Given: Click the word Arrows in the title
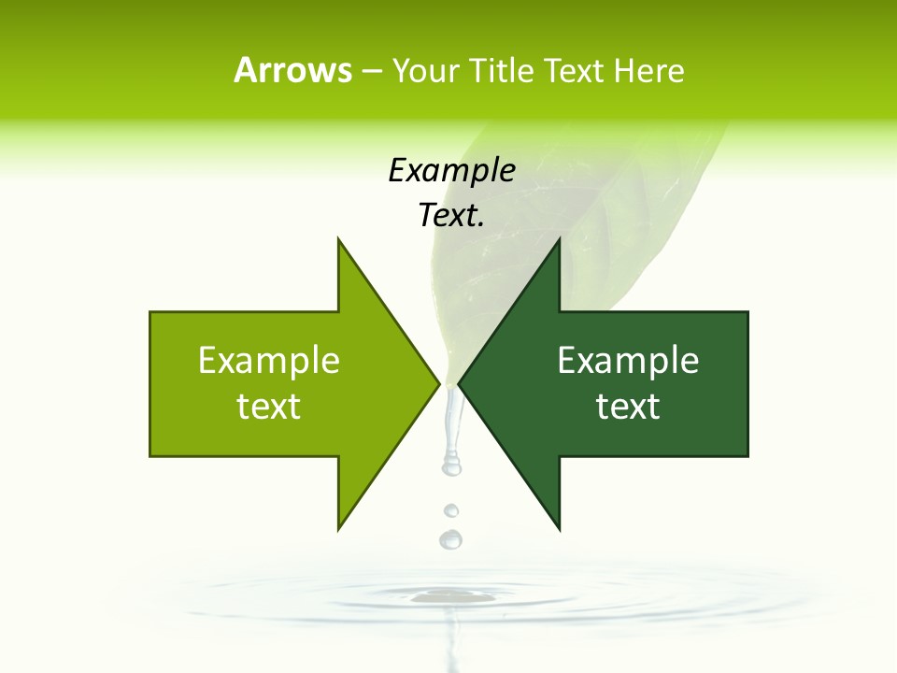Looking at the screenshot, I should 292,70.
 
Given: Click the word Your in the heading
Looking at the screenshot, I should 424,70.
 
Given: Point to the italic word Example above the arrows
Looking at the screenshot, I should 451,170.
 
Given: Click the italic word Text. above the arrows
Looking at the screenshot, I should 451,216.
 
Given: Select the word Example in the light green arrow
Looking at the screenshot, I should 269,360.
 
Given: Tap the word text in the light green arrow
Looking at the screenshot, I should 269,407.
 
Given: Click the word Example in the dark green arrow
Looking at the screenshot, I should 628,360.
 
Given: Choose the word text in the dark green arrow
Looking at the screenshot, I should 628,407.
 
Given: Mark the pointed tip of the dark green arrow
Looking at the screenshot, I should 461,383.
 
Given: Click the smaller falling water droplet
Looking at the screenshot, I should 451,510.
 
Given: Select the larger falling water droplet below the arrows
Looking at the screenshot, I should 450,539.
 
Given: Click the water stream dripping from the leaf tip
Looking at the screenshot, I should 452,430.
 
